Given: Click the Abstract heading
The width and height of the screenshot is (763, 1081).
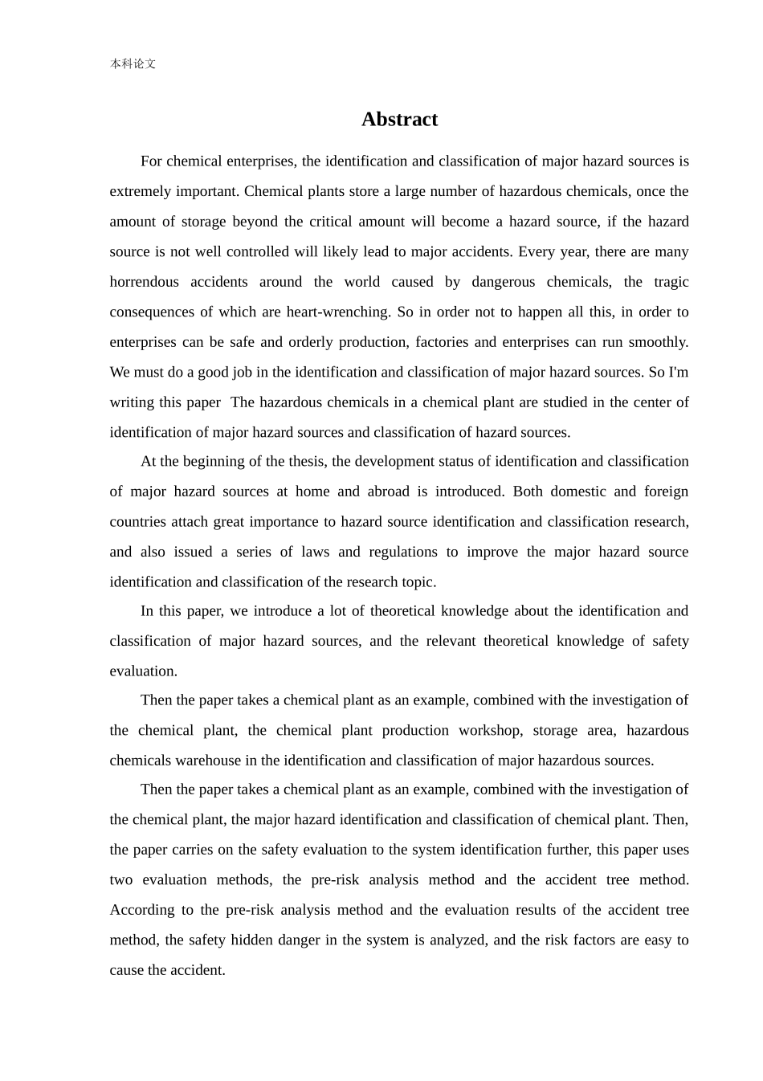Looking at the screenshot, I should pos(399,120).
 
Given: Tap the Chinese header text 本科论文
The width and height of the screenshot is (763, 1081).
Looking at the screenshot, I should pos(133,64).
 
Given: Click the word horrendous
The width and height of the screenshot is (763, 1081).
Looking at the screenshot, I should pos(145,282).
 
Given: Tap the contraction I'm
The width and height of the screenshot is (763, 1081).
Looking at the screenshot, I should pos(679,373).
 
